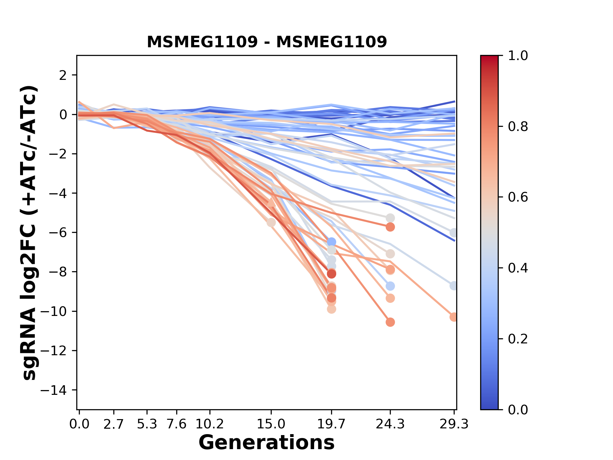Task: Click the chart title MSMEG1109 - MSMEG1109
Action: click(267, 42)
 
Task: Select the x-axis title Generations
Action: click(267, 442)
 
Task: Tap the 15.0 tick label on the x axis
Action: click(271, 424)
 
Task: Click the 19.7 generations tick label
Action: click(331, 424)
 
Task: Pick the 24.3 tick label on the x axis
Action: click(390, 424)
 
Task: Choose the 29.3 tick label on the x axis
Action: click(454, 424)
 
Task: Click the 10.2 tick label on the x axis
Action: click(209, 424)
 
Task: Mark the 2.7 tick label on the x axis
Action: click(114, 424)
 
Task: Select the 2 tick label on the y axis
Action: click(63, 75)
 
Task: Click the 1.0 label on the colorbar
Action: click(518, 56)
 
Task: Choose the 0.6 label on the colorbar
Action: click(518, 197)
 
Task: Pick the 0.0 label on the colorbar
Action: click(518, 410)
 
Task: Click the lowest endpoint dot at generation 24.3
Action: click(390, 322)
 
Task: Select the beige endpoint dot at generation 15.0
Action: click(271, 223)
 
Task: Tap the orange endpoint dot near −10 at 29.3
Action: click(453, 317)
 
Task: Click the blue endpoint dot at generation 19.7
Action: click(331, 242)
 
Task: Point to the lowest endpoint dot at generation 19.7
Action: click(331, 309)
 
